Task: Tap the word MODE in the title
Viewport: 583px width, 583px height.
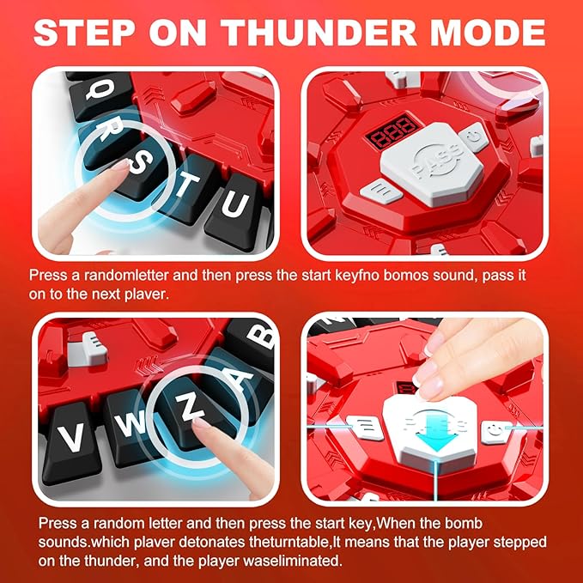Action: pos(488,33)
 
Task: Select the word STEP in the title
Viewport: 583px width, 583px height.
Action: pos(84,33)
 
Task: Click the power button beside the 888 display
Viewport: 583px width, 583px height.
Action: pos(474,137)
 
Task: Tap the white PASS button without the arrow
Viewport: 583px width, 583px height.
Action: pos(433,164)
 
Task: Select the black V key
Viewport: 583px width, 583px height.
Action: pos(71,440)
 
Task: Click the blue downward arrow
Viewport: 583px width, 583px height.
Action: pos(435,431)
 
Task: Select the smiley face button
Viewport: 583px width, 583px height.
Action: pos(495,433)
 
